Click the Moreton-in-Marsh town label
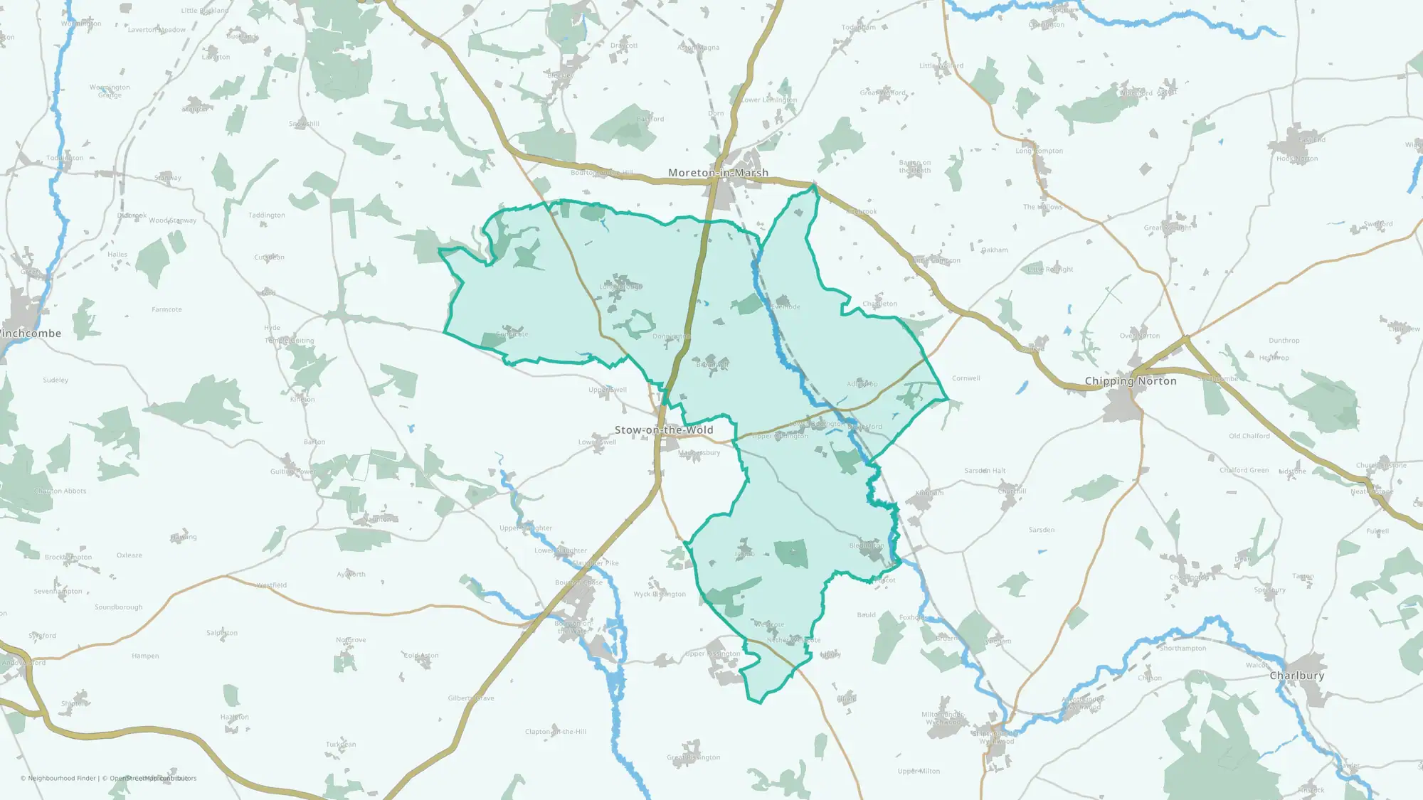point(718,173)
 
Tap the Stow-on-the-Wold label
point(664,430)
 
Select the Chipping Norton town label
point(1131,381)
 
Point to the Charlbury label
point(1297,676)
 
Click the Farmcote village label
point(166,310)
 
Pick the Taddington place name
point(267,215)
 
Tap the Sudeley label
point(55,380)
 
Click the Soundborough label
point(119,607)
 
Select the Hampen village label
point(145,656)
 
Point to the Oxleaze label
point(129,555)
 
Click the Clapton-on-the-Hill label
point(556,732)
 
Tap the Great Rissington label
point(694,757)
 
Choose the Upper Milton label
point(919,772)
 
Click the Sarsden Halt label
point(985,471)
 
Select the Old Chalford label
point(1249,436)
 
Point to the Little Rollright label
point(1050,270)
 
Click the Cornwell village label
point(966,378)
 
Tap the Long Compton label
point(1039,151)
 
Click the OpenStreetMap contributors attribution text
point(152,779)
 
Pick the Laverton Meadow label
point(157,30)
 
